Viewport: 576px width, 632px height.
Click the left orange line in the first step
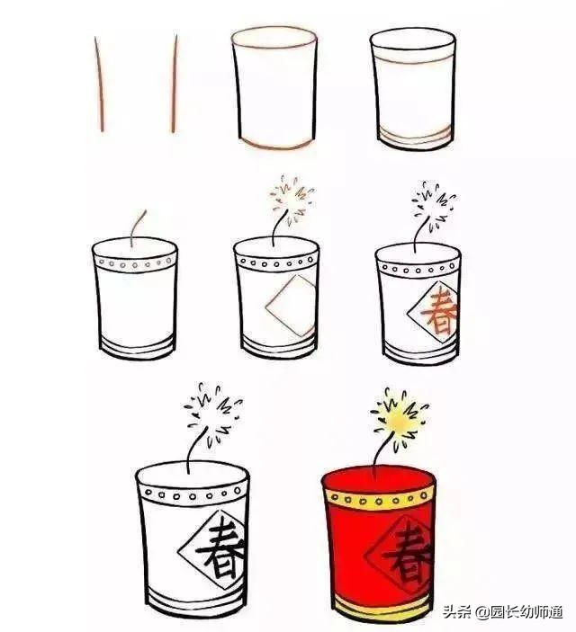click(x=99, y=85)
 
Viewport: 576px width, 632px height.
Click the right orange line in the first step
click(x=175, y=85)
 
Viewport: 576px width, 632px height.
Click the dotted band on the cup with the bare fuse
click(x=136, y=264)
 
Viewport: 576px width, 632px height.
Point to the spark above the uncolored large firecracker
click(x=213, y=413)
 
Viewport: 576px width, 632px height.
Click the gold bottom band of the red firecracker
click(x=381, y=609)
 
